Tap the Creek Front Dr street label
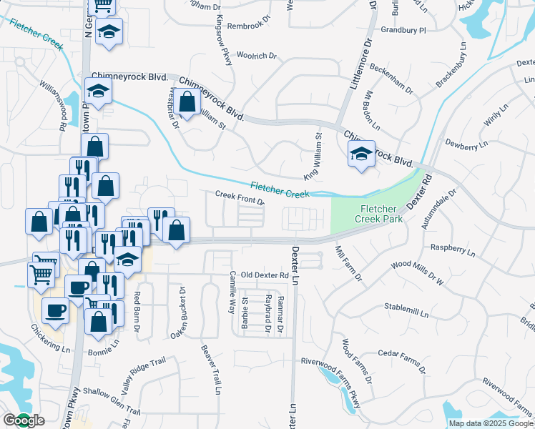(x=241, y=197)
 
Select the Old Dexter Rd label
(x=264, y=275)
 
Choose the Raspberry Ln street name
(x=452, y=250)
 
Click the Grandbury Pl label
(x=403, y=31)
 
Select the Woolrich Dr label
(x=256, y=56)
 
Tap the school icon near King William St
(x=361, y=153)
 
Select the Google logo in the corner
(x=23, y=420)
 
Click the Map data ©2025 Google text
(x=491, y=423)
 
